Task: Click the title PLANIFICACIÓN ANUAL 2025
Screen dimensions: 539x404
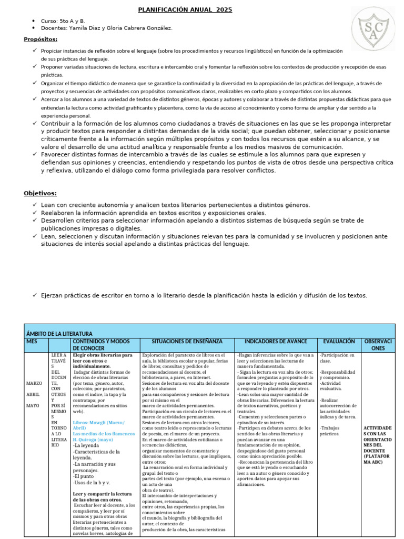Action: point(185,10)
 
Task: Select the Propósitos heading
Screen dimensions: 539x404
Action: point(41,39)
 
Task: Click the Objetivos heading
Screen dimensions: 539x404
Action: point(40,193)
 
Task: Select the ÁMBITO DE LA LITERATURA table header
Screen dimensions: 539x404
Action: point(59,334)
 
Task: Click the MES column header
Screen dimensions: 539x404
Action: point(32,341)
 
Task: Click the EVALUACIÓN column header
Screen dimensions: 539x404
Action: point(339,341)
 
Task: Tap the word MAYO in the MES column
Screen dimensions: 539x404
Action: point(33,406)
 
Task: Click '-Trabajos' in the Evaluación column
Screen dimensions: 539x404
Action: point(330,427)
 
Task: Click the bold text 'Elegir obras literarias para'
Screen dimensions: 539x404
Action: point(103,355)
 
